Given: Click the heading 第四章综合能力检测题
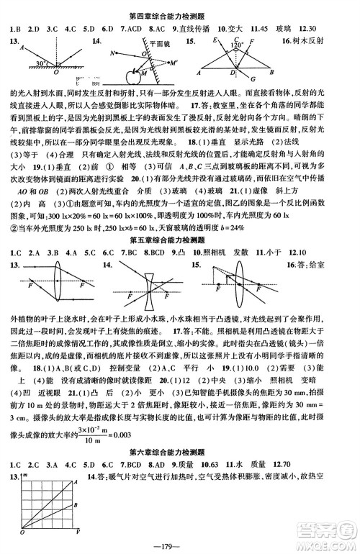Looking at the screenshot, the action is [180, 9].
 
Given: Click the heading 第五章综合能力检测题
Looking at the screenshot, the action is [180, 239].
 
